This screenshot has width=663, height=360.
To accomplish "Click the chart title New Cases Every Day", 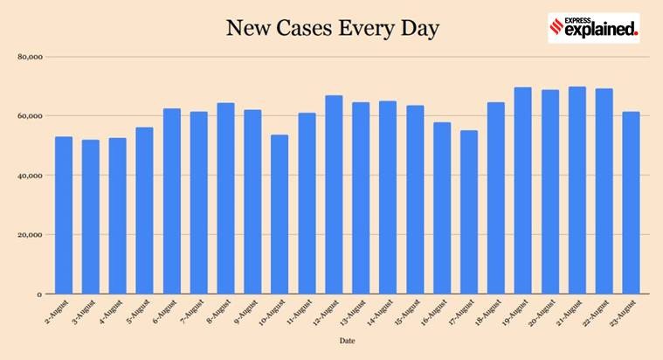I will (x=332, y=29).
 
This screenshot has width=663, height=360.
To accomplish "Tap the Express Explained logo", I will (x=593, y=28).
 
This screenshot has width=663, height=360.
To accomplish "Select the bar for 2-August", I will (x=64, y=215).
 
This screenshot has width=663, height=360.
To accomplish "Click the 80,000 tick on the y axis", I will (x=31, y=57).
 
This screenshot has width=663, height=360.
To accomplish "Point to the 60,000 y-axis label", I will (x=31, y=116).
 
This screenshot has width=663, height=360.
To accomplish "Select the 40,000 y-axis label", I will (x=31, y=176).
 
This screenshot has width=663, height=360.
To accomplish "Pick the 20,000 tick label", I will (x=31, y=235).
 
